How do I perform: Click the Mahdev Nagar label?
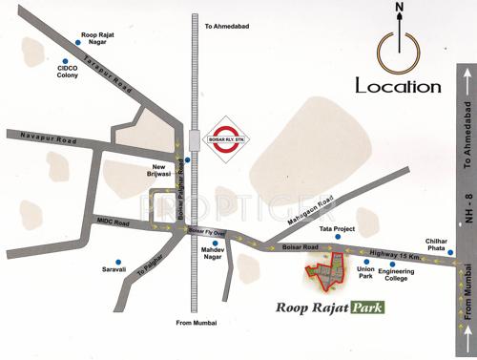click(x=218, y=254)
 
